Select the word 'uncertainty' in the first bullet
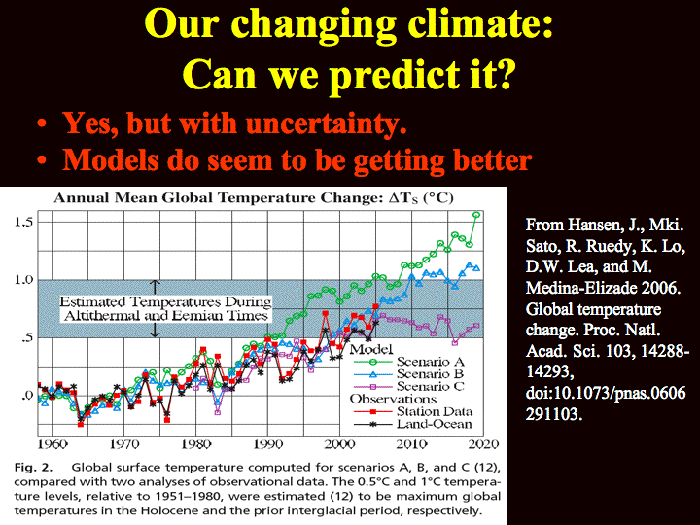tap(327, 122)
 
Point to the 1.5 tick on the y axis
tap(23, 222)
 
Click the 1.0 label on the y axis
tap(23, 280)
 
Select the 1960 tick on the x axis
tap(52, 444)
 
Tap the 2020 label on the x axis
tap(484, 444)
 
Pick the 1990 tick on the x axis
tap(268, 444)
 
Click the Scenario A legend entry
tap(409, 362)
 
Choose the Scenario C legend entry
tap(409, 386)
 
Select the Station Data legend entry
tap(413, 411)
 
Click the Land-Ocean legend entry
tap(413, 424)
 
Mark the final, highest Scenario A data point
tap(476, 215)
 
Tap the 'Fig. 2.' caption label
tap(33, 468)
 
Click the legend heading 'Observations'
tap(393, 399)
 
